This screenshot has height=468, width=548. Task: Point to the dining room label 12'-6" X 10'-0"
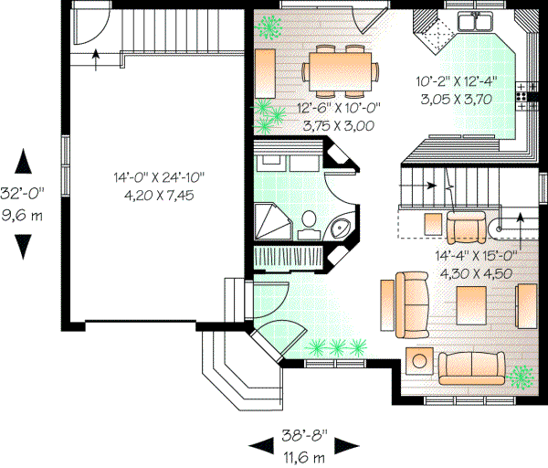[x=337, y=109]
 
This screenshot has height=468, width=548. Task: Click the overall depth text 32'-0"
[x=25, y=196]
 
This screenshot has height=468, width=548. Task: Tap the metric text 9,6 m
[x=25, y=215]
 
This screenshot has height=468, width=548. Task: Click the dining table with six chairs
[x=341, y=69]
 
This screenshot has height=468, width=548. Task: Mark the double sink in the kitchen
[x=474, y=22]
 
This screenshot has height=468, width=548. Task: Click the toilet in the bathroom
[x=309, y=222]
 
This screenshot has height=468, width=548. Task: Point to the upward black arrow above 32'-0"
[x=25, y=164]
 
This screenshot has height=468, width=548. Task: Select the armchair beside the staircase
[x=466, y=224]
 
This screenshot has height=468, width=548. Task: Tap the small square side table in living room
[x=420, y=359]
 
